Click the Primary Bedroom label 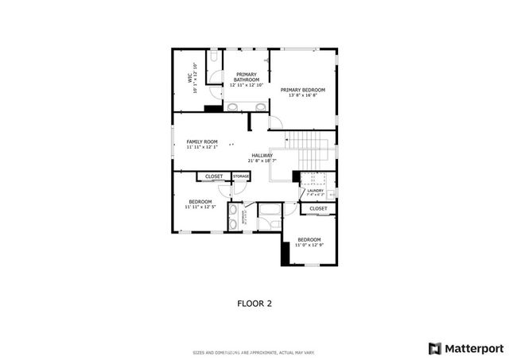(302, 90)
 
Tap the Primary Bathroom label (246, 77)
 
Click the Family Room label (201, 141)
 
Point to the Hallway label (262, 155)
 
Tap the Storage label (241, 176)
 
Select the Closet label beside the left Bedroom (214, 176)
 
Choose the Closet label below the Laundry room (318, 208)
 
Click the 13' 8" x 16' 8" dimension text (302, 95)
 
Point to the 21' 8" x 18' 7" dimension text (262, 161)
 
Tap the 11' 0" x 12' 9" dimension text (309, 245)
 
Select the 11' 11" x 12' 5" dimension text (200, 207)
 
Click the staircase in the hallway (308, 147)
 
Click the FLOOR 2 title (254, 303)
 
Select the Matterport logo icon (433, 347)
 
